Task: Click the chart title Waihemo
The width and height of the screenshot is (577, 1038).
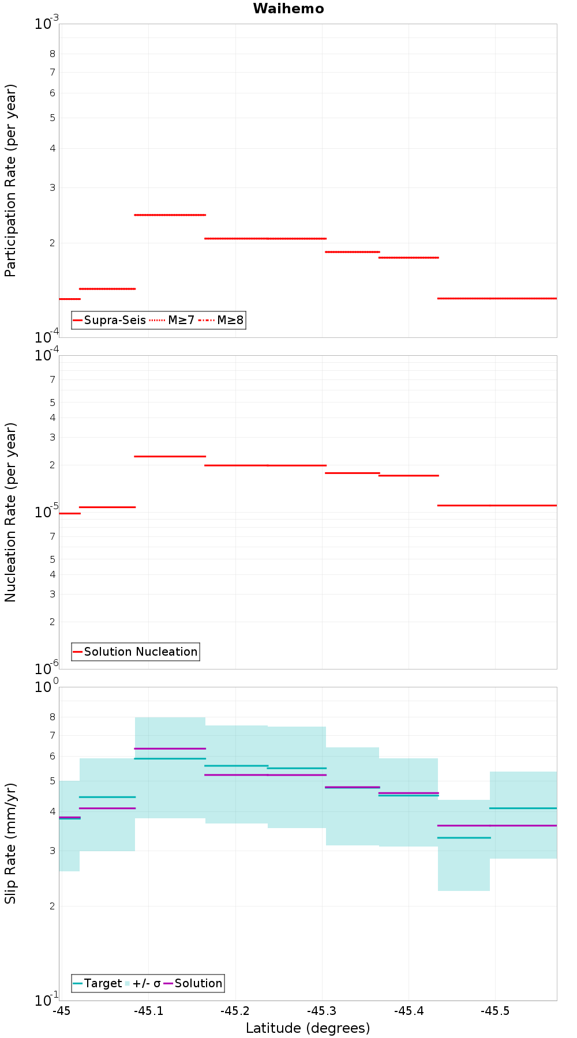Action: click(x=288, y=9)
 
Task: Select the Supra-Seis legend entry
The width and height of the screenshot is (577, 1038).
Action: click(x=110, y=320)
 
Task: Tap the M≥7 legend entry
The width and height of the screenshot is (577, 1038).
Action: click(x=172, y=320)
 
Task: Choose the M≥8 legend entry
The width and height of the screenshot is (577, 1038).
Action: click(x=221, y=320)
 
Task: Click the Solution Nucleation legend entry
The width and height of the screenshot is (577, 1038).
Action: click(x=136, y=652)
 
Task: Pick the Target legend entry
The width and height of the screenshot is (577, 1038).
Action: click(x=98, y=983)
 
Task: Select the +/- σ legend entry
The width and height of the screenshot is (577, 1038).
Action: click(x=143, y=983)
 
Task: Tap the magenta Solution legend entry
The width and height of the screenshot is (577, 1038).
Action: click(x=193, y=983)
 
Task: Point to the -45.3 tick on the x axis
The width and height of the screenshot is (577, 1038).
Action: click(x=322, y=1010)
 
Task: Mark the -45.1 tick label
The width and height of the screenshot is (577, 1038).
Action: click(x=149, y=1010)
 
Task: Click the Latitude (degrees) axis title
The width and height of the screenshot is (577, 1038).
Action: click(x=308, y=1028)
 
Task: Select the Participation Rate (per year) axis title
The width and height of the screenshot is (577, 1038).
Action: click(x=10, y=180)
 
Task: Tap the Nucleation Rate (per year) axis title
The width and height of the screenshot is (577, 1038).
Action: click(x=10, y=513)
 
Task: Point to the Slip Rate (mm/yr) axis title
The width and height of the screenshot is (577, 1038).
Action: click(x=10, y=844)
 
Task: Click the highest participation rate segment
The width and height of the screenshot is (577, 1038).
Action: click(x=170, y=215)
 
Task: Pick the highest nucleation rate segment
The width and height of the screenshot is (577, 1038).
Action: click(x=170, y=456)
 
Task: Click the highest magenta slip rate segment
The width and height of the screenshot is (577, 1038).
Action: click(x=170, y=749)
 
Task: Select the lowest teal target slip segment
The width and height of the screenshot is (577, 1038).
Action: click(x=464, y=837)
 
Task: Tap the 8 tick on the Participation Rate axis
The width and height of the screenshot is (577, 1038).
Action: click(x=53, y=54)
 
